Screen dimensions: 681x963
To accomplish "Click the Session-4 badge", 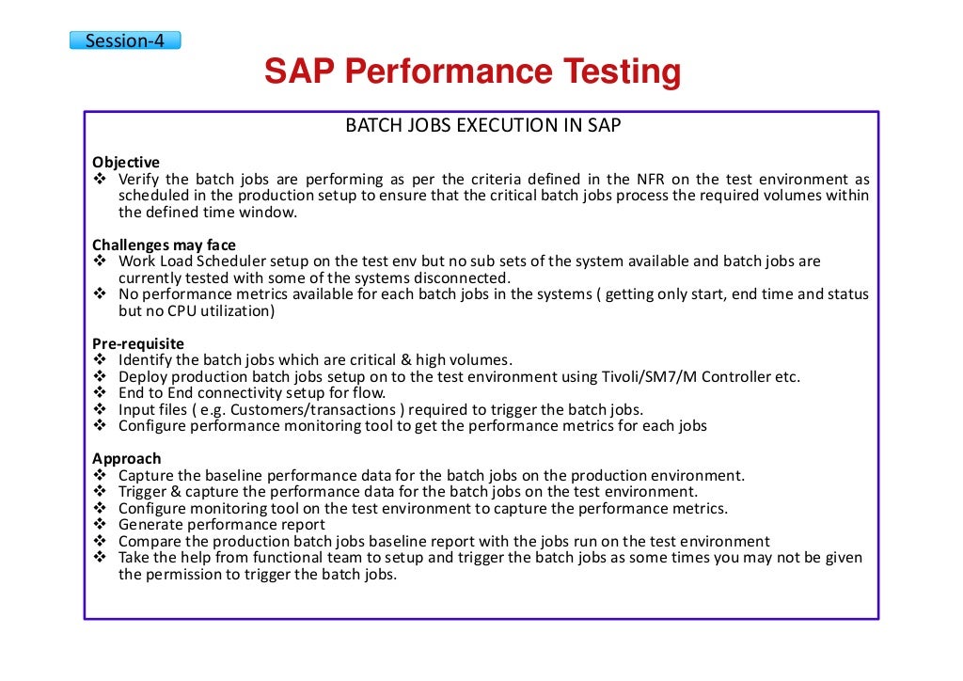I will pyautogui.click(x=124, y=40).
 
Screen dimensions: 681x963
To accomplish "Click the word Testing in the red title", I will pyautogui.click(x=608, y=72).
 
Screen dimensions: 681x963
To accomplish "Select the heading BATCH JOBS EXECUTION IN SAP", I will pyautogui.click(x=482, y=125).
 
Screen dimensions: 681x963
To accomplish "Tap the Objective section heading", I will pyautogui.click(x=126, y=162).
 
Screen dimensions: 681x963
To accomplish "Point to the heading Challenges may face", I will pyautogui.click(x=164, y=245).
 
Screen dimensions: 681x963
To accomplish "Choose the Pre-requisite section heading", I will pyautogui.click(x=138, y=343).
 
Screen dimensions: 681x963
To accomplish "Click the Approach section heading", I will pyautogui.click(x=126, y=458).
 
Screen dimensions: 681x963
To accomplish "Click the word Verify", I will pyautogui.click(x=139, y=179).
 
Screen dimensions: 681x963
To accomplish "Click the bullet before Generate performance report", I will pyautogui.click(x=100, y=525).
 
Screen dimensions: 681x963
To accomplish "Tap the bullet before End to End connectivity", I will pyautogui.click(x=100, y=393).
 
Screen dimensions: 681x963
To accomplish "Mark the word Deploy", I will pyautogui.click(x=142, y=377).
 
